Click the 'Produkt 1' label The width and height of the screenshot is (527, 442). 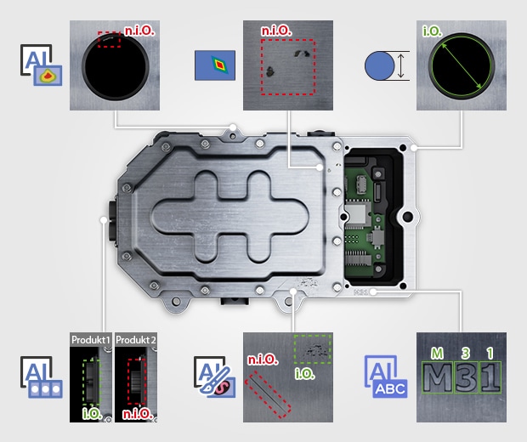[90, 340]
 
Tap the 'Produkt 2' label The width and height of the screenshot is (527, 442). [136, 340]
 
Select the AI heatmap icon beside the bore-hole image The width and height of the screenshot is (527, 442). [41, 65]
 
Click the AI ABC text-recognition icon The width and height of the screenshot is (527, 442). [386, 377]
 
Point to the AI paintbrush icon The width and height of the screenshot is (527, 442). [214, 377]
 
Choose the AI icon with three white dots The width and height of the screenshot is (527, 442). [41, 377]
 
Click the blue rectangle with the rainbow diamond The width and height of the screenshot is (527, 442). [215, 65]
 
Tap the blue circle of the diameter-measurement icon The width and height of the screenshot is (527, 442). [379, 65]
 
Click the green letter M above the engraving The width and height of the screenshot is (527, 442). [437, 354]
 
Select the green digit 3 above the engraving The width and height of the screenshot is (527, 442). [466, 354]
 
